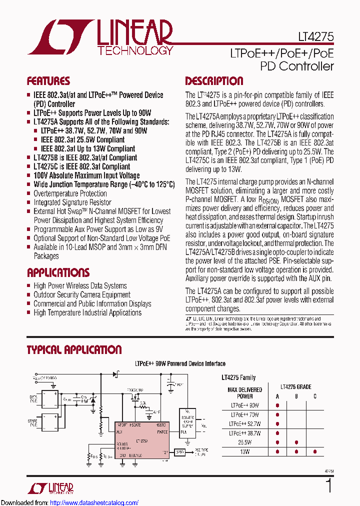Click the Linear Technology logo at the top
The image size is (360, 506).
tap(100, 39)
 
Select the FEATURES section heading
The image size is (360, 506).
tap(48, 81)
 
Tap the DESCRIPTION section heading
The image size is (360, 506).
tap(214, 81)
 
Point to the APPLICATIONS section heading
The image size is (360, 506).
tap(58, 272)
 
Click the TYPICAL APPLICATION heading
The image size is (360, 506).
tap(74, 350)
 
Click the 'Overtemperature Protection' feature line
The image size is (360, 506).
tap(70, 193)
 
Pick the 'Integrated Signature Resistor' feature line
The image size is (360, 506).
tap(72, 202)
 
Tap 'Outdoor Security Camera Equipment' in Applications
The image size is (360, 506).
tap(81, 294)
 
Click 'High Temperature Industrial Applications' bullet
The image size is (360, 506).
tap(87, 312)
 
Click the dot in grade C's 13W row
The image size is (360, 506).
tap(315, 451)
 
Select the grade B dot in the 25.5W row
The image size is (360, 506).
tap(296, 442)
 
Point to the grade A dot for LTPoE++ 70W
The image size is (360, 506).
tap(277, 414)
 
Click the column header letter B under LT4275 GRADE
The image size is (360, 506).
tap(296, 396)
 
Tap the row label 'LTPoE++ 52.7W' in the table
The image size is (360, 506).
tap(245, 424)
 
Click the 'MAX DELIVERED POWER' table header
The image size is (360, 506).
tap(245, 393)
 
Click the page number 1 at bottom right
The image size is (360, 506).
tap(328, 485)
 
